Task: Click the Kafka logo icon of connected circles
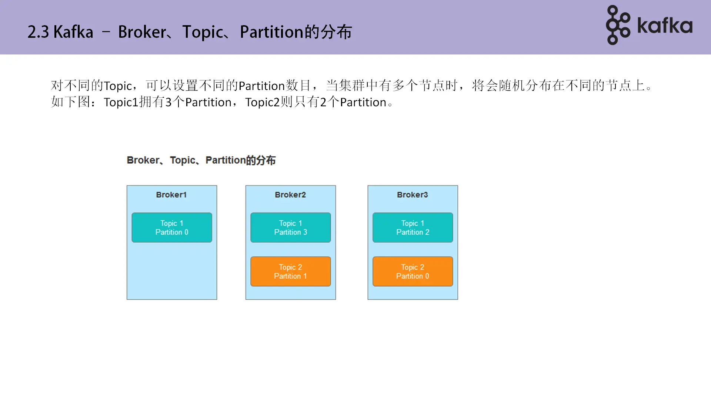[617, 25]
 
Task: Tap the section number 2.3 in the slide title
[38, 32]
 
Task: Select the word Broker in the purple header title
[142, 32]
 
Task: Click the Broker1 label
[171, 195]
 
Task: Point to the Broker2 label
[290, 195]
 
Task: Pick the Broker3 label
[412, 195]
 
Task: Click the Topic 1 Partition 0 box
[172, 227]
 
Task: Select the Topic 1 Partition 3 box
[290, 227]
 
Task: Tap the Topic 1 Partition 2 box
[413, 227]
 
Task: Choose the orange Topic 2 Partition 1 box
[290, 271]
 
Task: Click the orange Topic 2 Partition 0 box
[413, 271]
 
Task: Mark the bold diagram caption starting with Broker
[201, 160]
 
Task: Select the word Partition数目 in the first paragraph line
[274, 86]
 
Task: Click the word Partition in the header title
[271, 32]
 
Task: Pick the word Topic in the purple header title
[203, 32]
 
